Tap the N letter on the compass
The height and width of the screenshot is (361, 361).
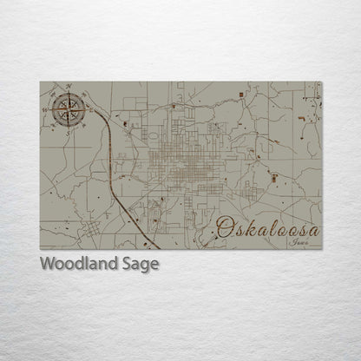tap(69, 87)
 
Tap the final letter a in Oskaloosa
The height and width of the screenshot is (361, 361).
tap(312, 231)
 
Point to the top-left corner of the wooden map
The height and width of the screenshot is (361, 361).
tap(40, 82)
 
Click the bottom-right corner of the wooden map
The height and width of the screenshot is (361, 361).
tap(322, 249)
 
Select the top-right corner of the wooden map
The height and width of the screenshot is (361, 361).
tap(322, 82)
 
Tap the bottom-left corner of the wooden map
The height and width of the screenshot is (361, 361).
tap(40, 249)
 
